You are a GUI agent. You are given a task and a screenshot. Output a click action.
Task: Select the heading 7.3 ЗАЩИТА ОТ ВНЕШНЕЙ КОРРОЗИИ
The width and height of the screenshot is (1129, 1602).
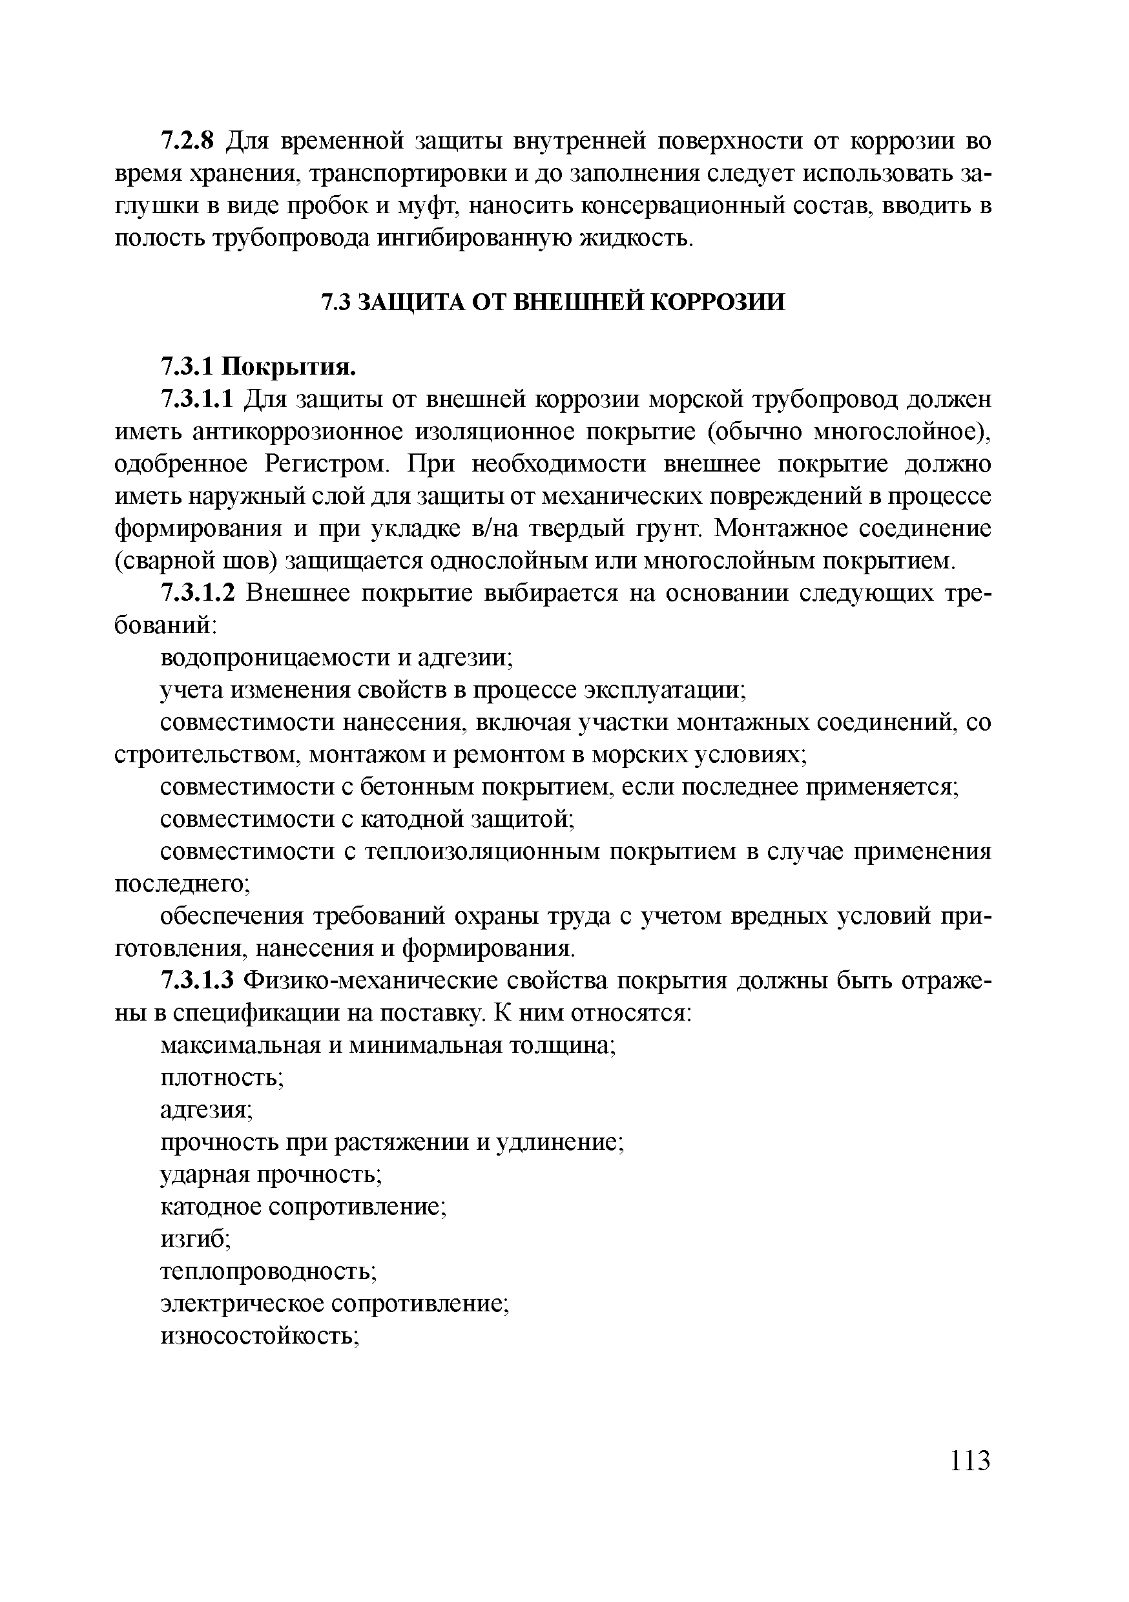[552, 302]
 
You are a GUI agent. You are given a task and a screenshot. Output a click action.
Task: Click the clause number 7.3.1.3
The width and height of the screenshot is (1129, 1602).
[198, 981]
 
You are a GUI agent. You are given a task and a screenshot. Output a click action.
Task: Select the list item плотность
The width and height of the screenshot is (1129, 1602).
[220, 1077]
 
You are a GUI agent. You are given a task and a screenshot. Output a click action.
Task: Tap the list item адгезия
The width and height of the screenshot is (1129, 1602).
[205, 1109]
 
